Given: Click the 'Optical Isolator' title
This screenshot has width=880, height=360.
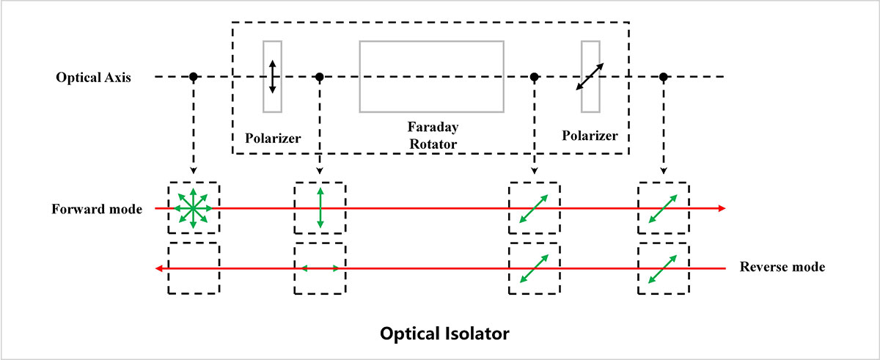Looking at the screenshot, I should pos(444,334).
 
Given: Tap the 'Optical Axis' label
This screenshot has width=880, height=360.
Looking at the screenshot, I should pos(93,77).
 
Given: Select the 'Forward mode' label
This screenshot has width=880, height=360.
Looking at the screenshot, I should pos(97,208).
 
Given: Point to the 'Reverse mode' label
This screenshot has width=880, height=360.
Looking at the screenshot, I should pos(782,268).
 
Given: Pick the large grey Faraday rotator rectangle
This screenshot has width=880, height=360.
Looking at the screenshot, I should pos(431,76).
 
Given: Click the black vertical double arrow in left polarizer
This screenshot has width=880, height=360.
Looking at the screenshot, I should pos(272,76).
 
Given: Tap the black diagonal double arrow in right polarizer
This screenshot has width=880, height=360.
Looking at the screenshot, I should pos(590,76).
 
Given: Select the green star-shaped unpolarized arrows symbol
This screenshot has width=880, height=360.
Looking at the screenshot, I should pos(193,208).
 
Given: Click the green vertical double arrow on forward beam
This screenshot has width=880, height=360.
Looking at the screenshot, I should pos(320,208).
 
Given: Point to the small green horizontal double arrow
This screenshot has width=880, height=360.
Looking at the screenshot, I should pos(320,269).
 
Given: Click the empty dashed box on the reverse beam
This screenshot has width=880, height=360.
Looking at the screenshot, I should pos(193,268).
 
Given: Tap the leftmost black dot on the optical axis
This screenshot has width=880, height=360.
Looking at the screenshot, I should pos(193,76).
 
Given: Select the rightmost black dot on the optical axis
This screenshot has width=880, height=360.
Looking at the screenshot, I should pos(664,76).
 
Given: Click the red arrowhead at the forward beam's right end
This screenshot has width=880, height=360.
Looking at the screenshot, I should pos(722,208).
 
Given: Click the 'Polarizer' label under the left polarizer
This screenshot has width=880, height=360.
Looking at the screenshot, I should pos(273,136).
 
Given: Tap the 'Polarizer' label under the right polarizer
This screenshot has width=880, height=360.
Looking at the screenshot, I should pos(590,136).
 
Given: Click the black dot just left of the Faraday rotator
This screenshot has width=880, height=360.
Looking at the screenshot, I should pos(320,76).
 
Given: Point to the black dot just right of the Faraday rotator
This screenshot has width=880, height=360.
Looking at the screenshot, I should pos(535,76).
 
